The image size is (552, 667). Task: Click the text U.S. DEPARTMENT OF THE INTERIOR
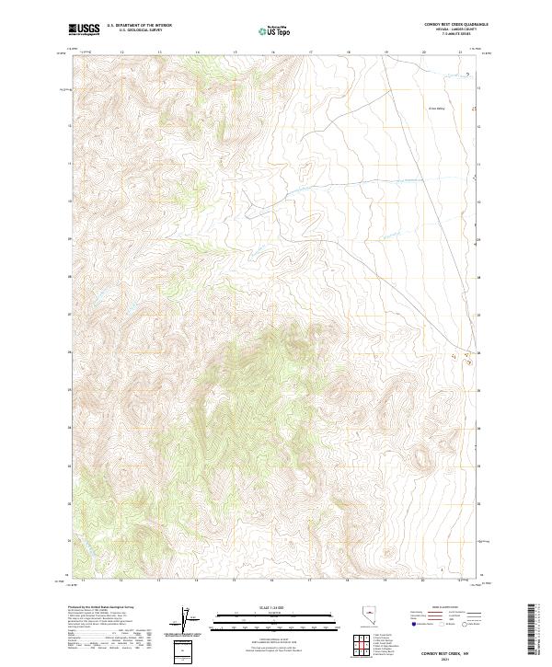point(139,27)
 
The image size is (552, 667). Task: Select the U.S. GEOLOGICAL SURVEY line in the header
point(139,31)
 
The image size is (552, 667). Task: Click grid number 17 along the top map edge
point(311,52)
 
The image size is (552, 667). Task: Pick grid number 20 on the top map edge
point(423,52)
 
